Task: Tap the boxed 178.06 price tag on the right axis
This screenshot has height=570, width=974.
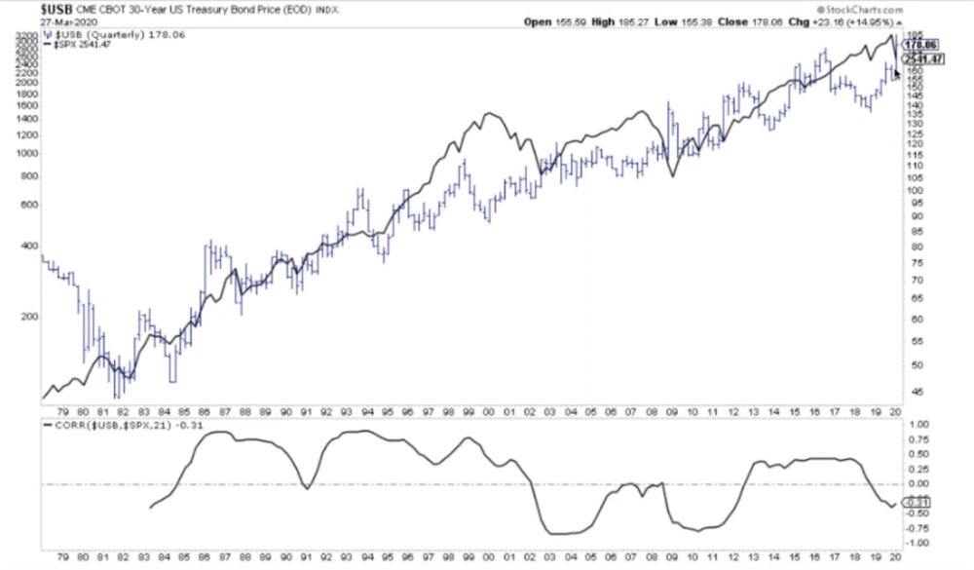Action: [919, 45]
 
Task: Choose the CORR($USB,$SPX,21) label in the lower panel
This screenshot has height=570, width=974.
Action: [107, 425]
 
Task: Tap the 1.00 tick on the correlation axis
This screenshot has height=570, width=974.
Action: [918, 425]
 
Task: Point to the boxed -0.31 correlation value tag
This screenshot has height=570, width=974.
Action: [918, 502]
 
